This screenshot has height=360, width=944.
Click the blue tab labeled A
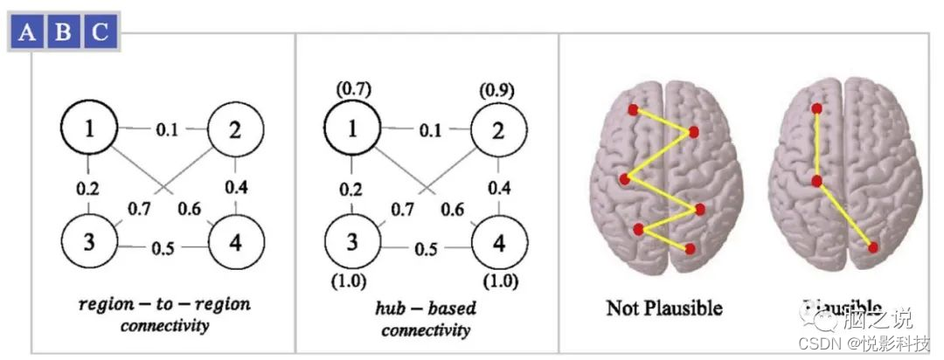[x=28, y=33]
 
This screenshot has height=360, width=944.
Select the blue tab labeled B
[x=63, y=33]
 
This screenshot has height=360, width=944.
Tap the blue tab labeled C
[x=100, y=33]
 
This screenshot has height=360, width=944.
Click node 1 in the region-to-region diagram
[x=88, y=130]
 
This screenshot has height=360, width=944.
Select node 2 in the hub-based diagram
[x=499, y=130]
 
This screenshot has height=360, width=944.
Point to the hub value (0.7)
[x=352, y=88]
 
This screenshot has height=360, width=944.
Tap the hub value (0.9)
[x=497, y=90]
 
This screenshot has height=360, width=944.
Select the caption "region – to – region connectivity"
[x=163, y=313]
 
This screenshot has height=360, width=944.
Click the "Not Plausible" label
[x=663, y=308]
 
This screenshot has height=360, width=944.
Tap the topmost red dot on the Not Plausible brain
[x=633, y=110]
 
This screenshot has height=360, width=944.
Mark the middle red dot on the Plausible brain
[x=816, y=181]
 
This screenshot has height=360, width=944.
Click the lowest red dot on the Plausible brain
[x=873, y=248]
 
